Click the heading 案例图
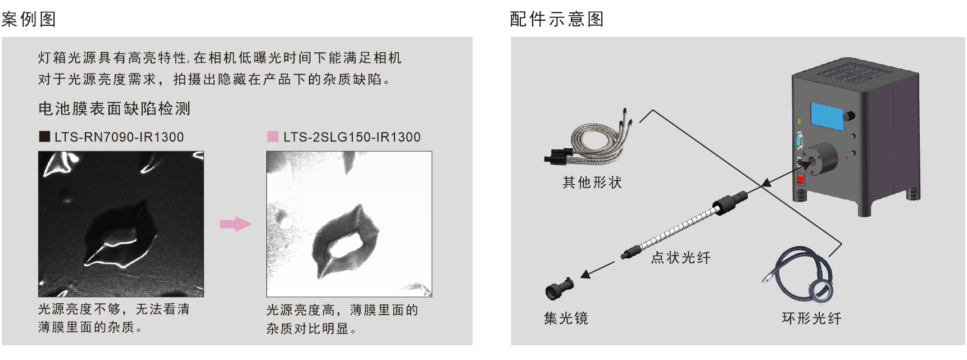point(29,19)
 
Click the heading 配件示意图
point(557,19)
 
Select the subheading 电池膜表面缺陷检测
point(115,108)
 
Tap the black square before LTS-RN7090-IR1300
point(44,136)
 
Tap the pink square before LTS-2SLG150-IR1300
point(273,136)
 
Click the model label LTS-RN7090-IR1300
point(119,137)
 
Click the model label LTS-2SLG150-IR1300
point(352,137)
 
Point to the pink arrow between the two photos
point(235,224)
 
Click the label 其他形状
point(592,183)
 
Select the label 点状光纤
point(681,258)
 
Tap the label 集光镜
point(566,318)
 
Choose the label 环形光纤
point(812,318)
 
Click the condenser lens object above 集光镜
point(559,288)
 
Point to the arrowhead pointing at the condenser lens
point(585,274)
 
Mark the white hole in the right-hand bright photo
point(346,245)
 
